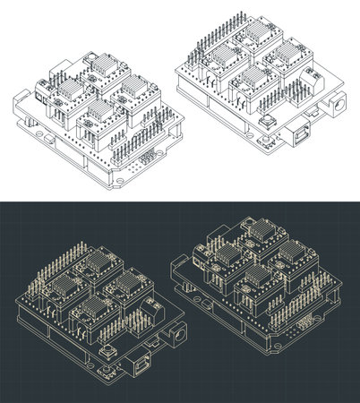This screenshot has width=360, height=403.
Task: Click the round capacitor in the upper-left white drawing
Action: pos(93,63)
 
